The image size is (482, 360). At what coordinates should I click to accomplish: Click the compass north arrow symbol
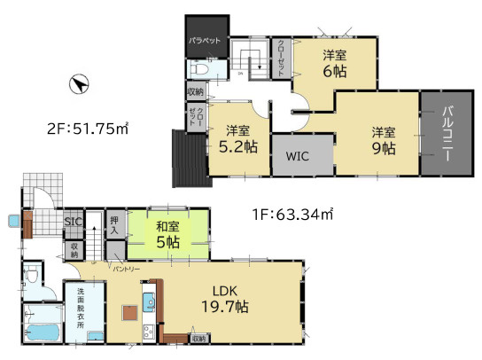coord(79,85)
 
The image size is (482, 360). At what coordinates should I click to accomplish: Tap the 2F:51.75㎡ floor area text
coord(87,129)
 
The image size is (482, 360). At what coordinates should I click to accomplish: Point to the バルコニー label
coord(448,133)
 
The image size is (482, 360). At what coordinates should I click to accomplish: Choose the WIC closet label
coord(297,155)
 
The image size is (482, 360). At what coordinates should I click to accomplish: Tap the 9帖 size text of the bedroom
coord(383,148)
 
